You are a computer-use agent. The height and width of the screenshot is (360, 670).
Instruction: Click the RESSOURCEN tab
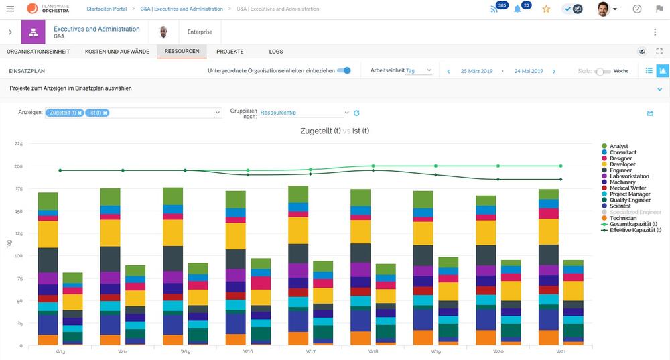[182, 51]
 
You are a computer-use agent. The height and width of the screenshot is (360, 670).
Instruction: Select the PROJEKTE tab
[230, 51]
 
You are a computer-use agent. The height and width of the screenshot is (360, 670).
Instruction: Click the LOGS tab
[276, 51]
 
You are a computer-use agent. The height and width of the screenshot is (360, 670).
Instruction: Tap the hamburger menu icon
[10, 9]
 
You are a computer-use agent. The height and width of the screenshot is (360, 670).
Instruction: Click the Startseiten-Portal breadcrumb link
[107, 9]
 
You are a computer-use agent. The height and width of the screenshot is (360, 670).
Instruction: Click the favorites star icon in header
[546, 9]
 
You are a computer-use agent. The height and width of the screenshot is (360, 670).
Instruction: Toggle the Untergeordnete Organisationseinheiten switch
[344, 70]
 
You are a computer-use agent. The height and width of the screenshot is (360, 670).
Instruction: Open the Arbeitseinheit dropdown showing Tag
[419, 70]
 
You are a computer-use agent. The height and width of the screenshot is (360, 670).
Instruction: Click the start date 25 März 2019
[476, 70]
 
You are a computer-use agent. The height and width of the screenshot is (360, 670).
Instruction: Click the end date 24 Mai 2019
[529, 70]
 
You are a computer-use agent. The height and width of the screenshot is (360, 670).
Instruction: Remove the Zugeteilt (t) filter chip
[80, 113]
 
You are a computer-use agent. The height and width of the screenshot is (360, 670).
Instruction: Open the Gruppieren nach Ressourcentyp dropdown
[305, 113]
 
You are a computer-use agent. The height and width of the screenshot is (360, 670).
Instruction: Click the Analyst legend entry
[618, 146]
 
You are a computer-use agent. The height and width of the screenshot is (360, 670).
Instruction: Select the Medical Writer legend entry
[628, 188]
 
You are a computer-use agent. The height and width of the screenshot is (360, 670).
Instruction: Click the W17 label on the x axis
[310, 351]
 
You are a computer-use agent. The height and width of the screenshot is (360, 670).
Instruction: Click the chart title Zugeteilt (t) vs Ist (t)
[334, 131]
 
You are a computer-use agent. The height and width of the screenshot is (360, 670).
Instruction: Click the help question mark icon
[637, 9]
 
